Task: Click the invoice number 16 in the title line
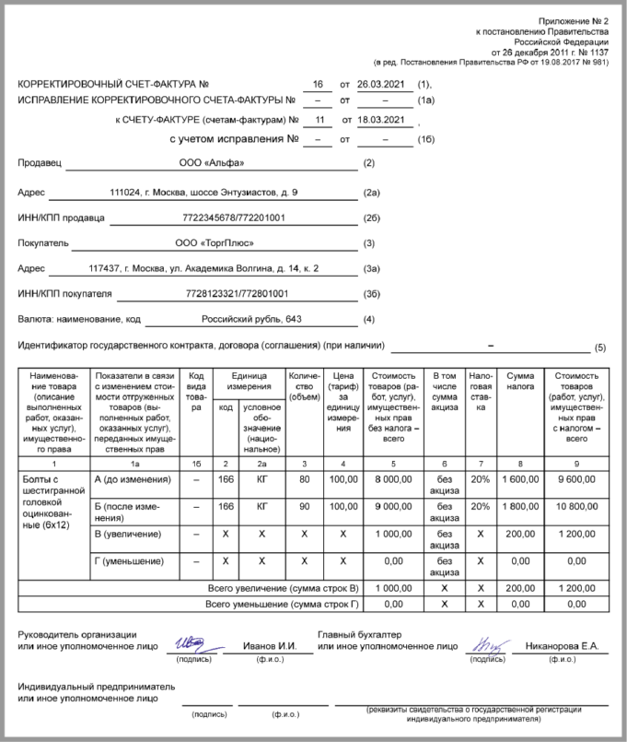coord(319,84)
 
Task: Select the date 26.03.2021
coord(381,84)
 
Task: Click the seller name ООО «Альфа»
coord(212,163)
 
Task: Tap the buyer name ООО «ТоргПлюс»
coord(214,243)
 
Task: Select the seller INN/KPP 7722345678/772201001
coord(234,218)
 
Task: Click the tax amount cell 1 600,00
coord(519,479)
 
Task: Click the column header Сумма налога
coord(519,383)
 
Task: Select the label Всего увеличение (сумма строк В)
coord(283,586)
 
